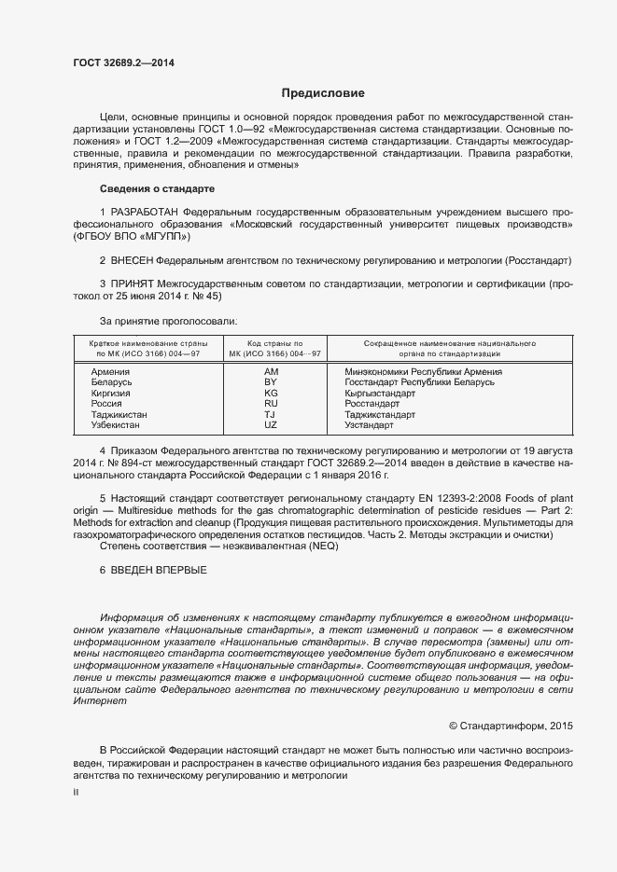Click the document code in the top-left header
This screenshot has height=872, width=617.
pyautogui.click(x=123, y=63)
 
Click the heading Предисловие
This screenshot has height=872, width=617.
pyautogui.click(x=324, y=93)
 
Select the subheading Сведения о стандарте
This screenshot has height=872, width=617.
pyautogui.click(x=150, y=189)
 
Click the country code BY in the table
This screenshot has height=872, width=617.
pyautogui.click(x=271, y=382)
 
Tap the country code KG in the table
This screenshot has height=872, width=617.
pyautogui.click(x=271, y=393)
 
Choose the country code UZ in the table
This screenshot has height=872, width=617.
pyautogui.click(x=271, y=424)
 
